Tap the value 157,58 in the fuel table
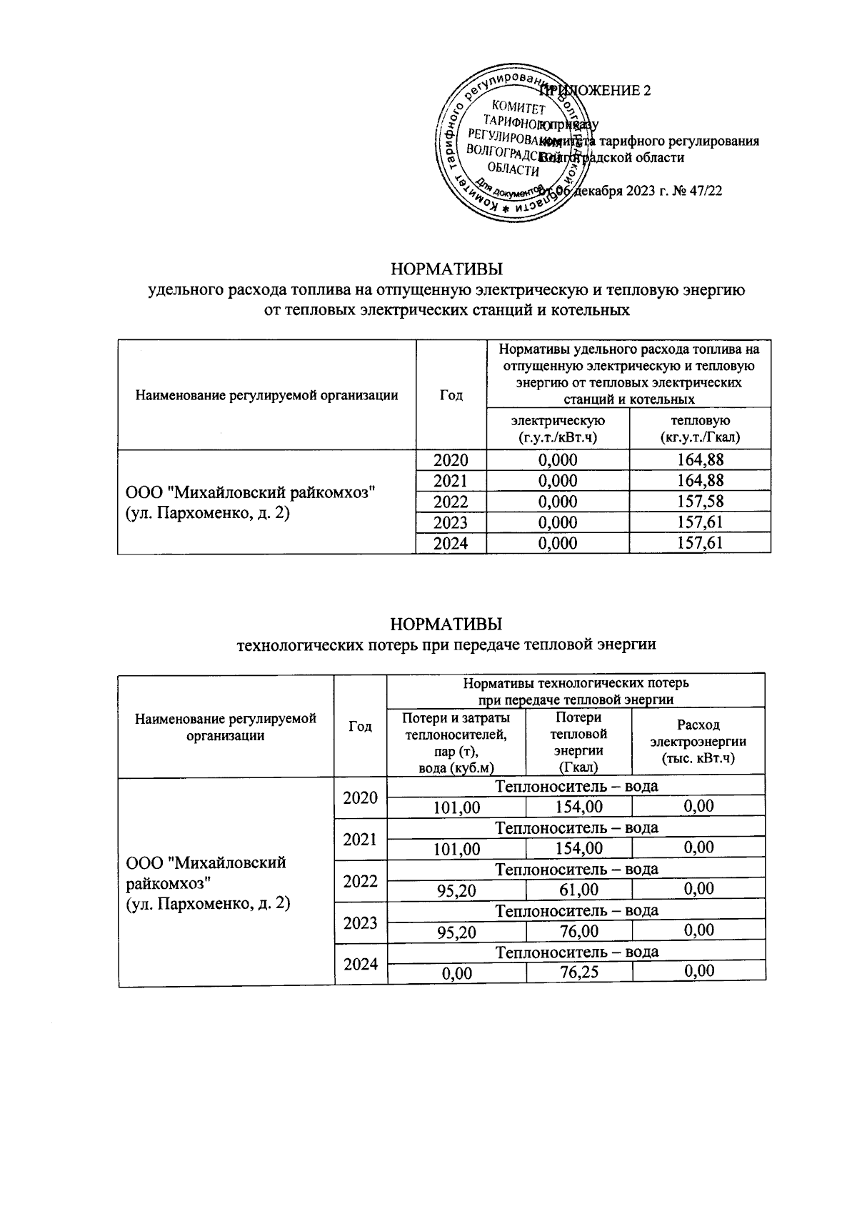pos(700,502)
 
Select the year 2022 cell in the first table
pos(451,502)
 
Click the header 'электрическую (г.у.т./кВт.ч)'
pos(557,428)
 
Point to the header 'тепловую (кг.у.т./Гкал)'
pos(700,428)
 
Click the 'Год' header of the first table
pos(451,394)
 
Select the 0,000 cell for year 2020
pos(557,460)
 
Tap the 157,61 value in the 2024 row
pos(700,543)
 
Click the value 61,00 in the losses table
pos(578,890)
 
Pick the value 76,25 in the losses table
pos(578,972)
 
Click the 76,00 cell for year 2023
pos(578,931)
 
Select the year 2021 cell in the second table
pos(360,839)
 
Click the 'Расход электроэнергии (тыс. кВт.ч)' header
pos(698,742)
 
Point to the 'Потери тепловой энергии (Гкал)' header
pos(578,742)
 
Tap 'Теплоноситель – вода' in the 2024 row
pos(576,952)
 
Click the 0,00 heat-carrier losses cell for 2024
pos(457,972)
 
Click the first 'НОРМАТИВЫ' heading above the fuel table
pos(446,269)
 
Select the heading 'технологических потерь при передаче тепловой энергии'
pos(446,645)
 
